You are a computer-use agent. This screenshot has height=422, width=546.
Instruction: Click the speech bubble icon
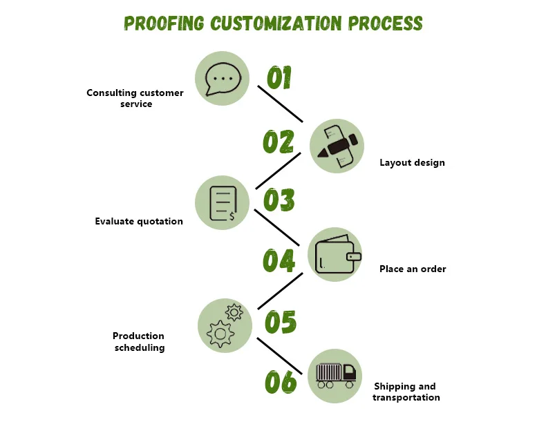pyautogui.click(x=222, y=78)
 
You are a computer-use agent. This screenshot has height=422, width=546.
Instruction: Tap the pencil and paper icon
pyautogui.click(x=337, y=146)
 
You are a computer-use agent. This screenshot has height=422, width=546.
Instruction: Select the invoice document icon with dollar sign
pyautogui.click(x=222, y=202)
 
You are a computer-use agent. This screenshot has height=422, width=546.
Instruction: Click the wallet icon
pyautogui.click(x=335, y=254)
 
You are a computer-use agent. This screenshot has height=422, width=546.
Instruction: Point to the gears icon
pyautogui.click(x=223, y=325)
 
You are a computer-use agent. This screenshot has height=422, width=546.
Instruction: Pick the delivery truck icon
pyautogui.click(x=335, y=376)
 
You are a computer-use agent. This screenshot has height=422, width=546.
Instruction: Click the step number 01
pyautogui.click(x=279, y=78)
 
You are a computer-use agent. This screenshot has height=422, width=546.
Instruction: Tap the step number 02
pyautogui.click(x=279, y=142)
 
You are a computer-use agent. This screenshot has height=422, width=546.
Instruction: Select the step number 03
pyautogui.click(x=279, y=200)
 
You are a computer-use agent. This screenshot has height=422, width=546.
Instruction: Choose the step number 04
pyautogui.click(x=279, y=260)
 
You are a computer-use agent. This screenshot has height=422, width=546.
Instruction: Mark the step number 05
pyautogui.click(x=280, y=321)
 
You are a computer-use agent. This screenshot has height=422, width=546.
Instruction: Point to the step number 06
pyautogui.click(x=280, y=382)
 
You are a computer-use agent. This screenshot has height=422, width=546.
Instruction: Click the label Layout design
pyautogui.click(x=412, y=163)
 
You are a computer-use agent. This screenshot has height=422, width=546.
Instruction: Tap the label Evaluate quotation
pyautogui.click(x=139, y=222)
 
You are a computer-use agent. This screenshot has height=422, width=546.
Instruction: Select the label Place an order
pyautogui.click(x=413, y=269)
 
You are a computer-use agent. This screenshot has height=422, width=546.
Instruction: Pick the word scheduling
pyautogui.click(x=140, y=347)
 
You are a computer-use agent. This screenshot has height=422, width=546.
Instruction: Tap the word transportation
pyautogui.click(x=406, y=397)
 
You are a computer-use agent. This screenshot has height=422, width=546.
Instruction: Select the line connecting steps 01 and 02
pyautogui.click(x=281, y=104)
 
